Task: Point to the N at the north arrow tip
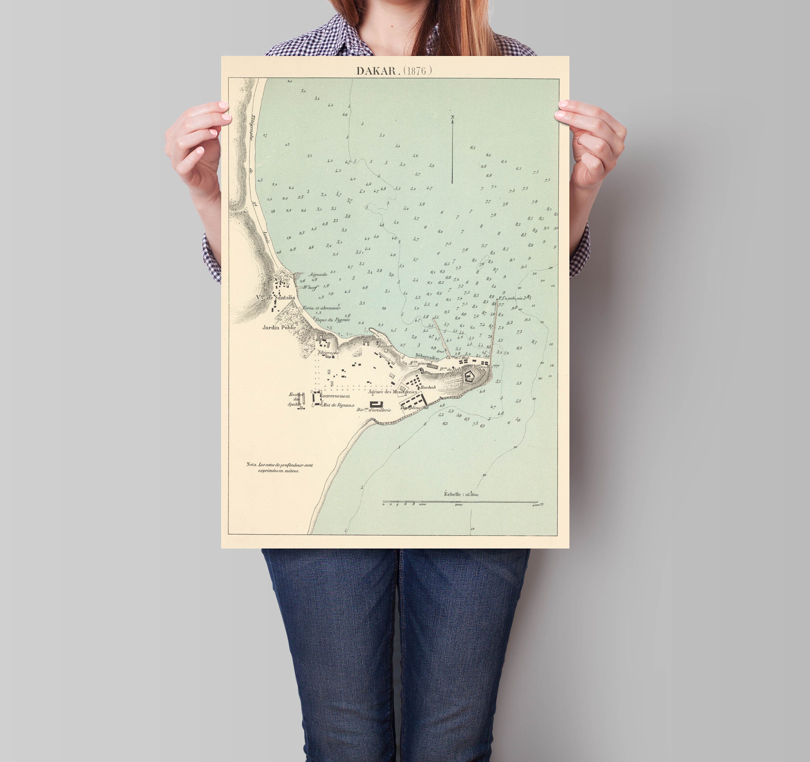452,118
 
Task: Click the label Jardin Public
279,327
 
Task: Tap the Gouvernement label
335,396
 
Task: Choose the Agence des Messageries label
392,392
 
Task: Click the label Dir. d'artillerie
374,410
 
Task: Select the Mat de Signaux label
338,405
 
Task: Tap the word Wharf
310,288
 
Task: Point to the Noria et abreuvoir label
322,308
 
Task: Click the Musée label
327,337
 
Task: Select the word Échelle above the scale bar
452,494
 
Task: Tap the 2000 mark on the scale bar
458,505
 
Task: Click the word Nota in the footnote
251,464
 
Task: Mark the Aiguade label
318,274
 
